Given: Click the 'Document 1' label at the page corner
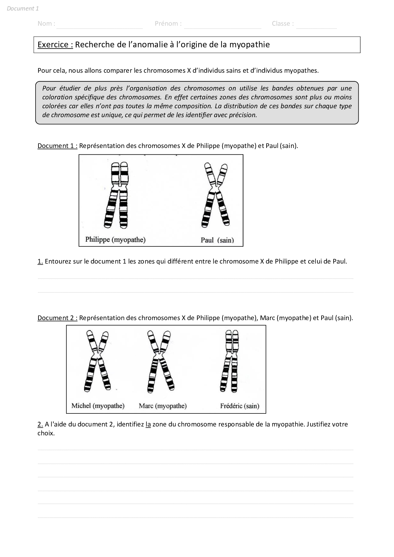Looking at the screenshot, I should tap(23, 9).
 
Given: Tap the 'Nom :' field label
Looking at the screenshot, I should tap(46, 23).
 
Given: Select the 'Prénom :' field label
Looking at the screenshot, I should tap(168, 23).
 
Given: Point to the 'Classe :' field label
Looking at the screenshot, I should tap(283, 23).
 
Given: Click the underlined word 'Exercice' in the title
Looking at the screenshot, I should tap(55, 44).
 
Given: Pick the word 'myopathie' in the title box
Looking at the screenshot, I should tap(249, 44).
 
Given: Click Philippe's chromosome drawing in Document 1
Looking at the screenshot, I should tap(116, 195).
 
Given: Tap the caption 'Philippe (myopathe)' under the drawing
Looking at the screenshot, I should tap(115, 239).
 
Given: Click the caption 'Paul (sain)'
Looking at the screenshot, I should tap(217, 240).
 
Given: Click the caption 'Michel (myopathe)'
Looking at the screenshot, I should tap(98, 406).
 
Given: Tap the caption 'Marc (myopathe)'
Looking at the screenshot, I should tap(163, 406).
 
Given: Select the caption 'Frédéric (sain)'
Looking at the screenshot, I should tap(240, 406).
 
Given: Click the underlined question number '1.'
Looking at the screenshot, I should tap(40, 261).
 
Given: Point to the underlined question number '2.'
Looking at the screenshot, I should tap(40, 424).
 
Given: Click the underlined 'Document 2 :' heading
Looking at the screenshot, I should tap(57, 318).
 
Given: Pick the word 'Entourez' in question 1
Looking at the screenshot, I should tap(58, 261).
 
